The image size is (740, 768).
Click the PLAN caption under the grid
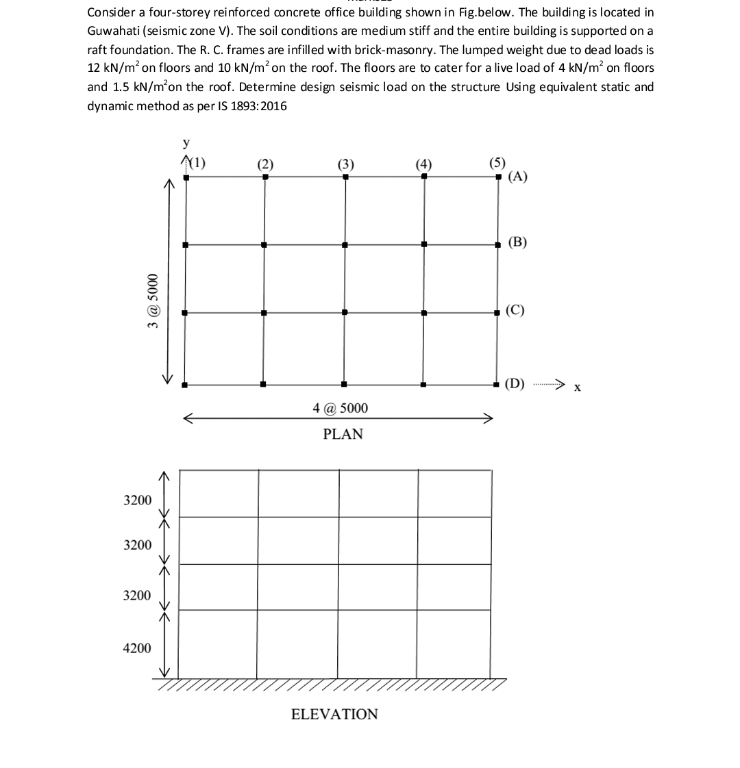[x=343, y=434]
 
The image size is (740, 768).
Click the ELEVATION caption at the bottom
[x=334, y=714]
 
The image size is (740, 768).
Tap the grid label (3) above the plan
[x=345, y=164]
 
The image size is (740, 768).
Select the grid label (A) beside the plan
[x=517, y=177]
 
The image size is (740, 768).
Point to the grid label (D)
[x=515, y=384]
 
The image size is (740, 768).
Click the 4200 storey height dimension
[x=137, y=648]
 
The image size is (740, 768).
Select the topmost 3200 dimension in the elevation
[x=137, y=500]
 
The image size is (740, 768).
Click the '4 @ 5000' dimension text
[x=340, y=408]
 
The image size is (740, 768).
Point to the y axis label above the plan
[x=186, y=143]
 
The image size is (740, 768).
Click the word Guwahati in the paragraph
[x=115, y=31]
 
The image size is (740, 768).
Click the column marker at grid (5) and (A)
[x=498, y=177]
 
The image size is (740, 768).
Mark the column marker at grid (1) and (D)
[x=184, y=384]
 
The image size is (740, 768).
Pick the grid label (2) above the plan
[x=265, y=164]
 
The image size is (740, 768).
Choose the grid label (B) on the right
[x=517, y=242]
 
